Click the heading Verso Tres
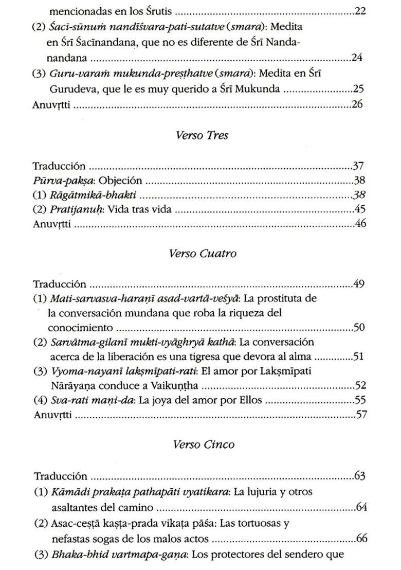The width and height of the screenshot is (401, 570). pyautogui.click(x=202, y=136)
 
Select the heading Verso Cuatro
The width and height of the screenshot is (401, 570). pyautogui.click(x=202, y=254)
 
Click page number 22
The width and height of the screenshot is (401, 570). pyautogui.click(x=360, y=11)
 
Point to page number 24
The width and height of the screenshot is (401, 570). pyautogui.click(x=358, y=58)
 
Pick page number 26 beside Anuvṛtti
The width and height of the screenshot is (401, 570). pyautogui.click(x=358, y=104)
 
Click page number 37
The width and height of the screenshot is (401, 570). pyautogui.click(x=359, y=166)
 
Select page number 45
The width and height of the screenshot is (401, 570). pyautogui.click(x=359, y=210)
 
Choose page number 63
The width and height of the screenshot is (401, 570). pyautogui.click(x=360, y=475)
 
